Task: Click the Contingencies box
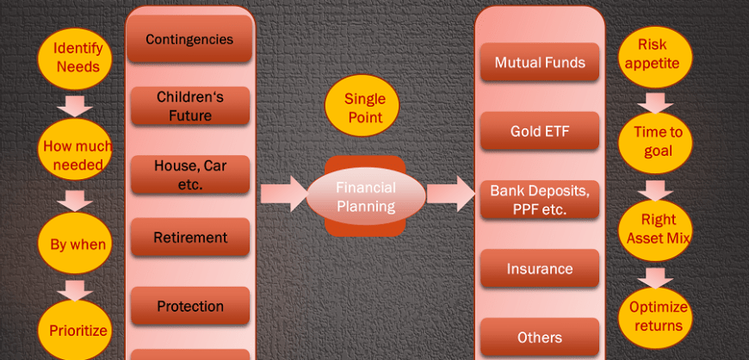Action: (x=189, y=38)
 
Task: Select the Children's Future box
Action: (x=190, y=106)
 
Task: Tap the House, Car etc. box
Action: (x=190, y=175)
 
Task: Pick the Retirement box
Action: (x=190, y=237)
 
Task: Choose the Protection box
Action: (x=190, y=306)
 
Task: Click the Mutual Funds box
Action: (x=540, y=62)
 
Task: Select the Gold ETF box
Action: (x=540, y=131)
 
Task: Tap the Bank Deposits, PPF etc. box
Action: (x=540, y=199)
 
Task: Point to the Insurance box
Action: (x=540, y=268)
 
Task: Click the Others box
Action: (x=540, y=337)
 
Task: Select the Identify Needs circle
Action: (x=75, y=58)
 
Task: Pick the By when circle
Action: (x=75, y=244)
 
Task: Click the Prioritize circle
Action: (x=75, y=331)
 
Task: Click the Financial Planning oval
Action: (x=365, y=196)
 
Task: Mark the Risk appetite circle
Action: (x=655, y=58)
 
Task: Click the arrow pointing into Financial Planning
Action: (x=284, y=194)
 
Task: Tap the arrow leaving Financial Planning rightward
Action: (x=451, y=194)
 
